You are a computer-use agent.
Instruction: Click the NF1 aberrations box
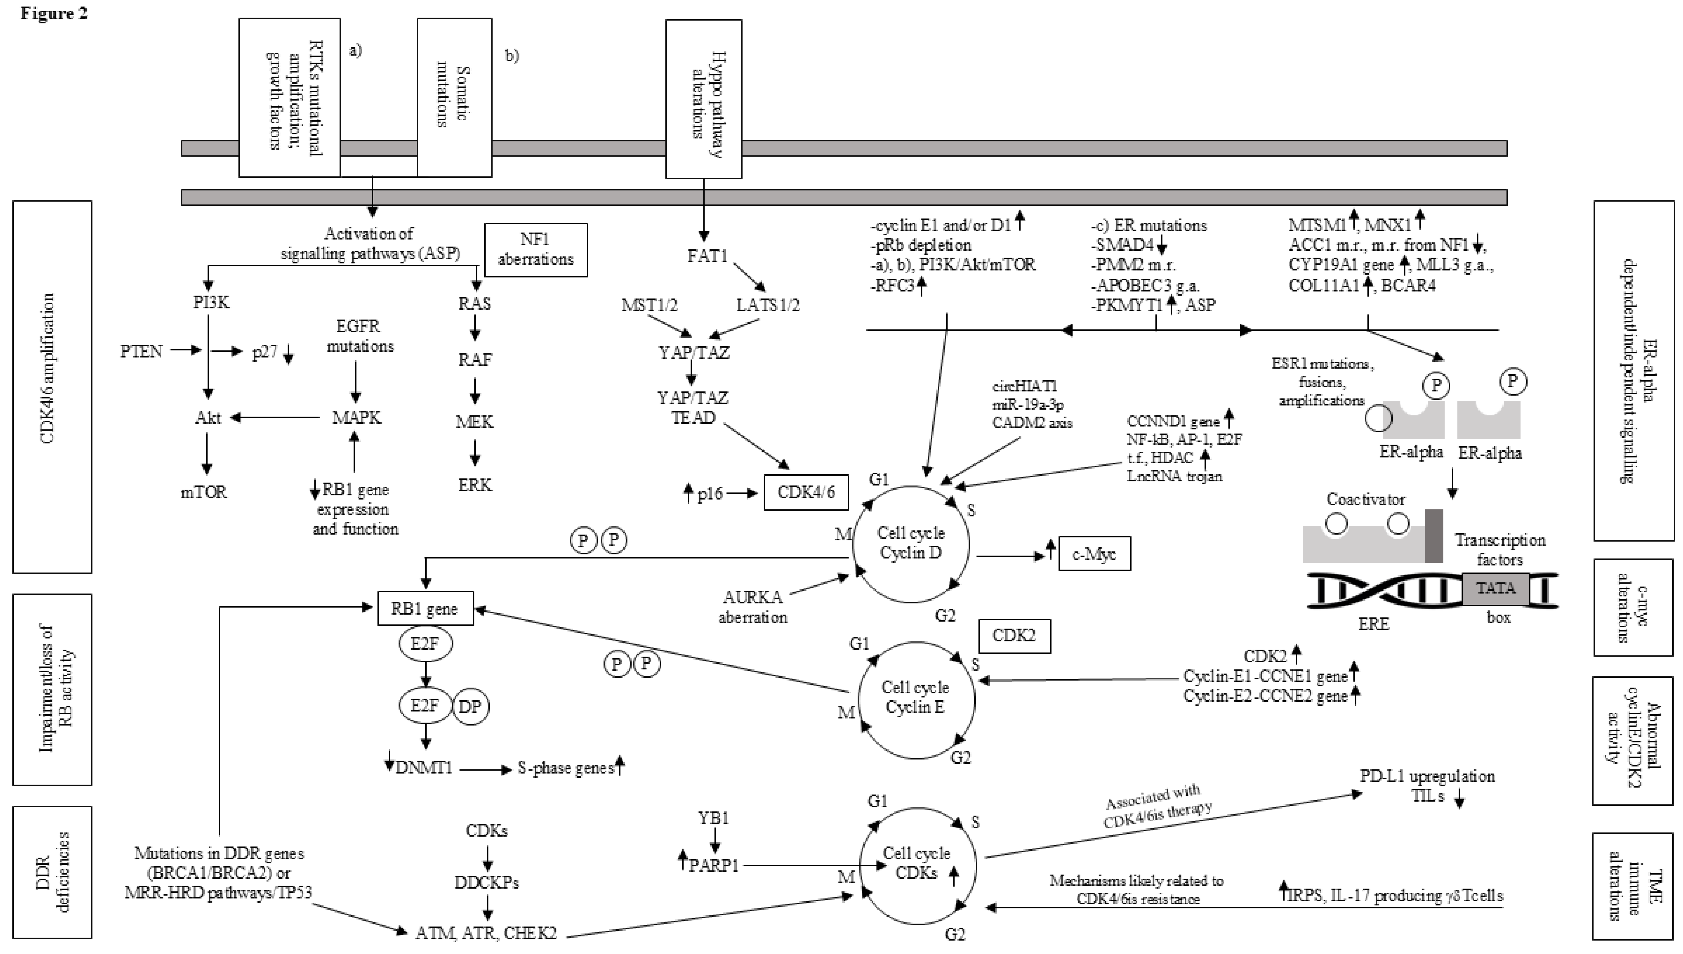pyautogui.click(x=535, y=250)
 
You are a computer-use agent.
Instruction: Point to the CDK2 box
pyautogui.click(x=1014, y=635)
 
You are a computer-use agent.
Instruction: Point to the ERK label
pyautogui.click(x=474, y=485)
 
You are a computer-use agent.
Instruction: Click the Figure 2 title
pyautogui.click(x=54, y=13)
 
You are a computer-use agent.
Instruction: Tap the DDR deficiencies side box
pyautogui.click(x=52, y=871)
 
